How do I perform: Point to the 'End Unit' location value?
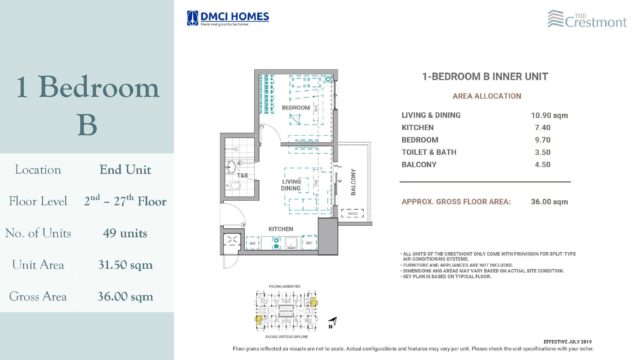125,170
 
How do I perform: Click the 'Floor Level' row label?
39,202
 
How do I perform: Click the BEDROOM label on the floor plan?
294,107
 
